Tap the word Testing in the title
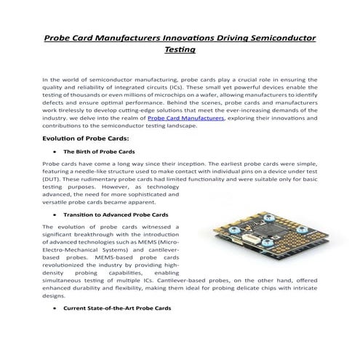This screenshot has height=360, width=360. pos(180,50)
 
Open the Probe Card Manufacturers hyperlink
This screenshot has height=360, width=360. pos(185,117)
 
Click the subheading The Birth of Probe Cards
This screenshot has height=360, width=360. pos(98,151)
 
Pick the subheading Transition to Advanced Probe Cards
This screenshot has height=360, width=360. pos(116,215)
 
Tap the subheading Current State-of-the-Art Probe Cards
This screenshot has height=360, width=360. pos(117,308)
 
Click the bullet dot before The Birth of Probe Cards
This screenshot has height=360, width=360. pos(56,151)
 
